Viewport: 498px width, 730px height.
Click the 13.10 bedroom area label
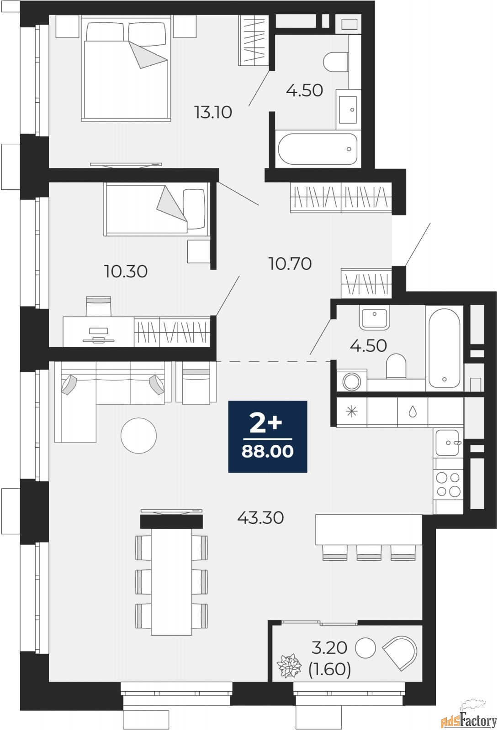(213, 112)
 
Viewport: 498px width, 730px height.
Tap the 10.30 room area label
(126, 271)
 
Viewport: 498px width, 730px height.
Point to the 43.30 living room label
(260, 517)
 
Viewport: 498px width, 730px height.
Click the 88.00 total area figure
(268, 452)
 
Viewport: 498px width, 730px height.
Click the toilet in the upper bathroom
(336, 62)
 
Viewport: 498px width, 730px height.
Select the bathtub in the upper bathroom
(318, 149)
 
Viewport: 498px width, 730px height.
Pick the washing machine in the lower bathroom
(351, 381)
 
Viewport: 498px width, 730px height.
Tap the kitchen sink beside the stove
(447, 442)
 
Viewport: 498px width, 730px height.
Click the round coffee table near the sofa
(139, 435)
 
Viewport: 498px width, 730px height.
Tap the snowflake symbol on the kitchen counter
(352, 412)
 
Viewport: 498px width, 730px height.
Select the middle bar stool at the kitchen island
(369, 553)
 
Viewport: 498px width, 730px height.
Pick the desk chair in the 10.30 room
(99, 306)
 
